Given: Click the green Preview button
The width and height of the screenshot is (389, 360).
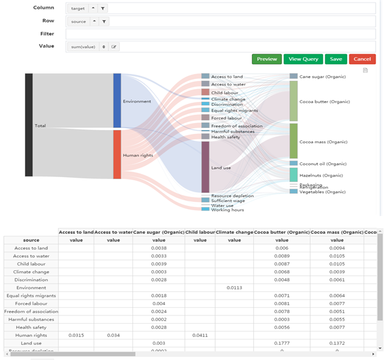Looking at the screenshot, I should (267, 59).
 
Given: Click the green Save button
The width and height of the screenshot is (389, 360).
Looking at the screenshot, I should (336, 59).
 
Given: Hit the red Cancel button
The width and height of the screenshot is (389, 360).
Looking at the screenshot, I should (362, 59).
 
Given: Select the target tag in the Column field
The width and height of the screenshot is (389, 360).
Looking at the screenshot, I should (78, 8).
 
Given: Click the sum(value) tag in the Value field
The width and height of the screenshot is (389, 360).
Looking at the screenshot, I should (83, 47).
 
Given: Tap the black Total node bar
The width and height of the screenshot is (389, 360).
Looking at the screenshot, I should (29, 125).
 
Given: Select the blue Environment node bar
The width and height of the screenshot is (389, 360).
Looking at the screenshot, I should (117, 101).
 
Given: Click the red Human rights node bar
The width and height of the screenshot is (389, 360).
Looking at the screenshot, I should (117, 154).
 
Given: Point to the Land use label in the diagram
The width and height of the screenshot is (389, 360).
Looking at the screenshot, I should (222, 168).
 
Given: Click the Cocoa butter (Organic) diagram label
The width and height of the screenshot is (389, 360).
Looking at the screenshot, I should (324, 102).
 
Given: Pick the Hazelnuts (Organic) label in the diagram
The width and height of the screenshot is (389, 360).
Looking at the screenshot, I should (321, 175).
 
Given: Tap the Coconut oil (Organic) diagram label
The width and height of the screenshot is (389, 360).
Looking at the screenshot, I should (323, 164).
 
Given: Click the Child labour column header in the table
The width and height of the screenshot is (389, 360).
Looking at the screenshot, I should (200, 232).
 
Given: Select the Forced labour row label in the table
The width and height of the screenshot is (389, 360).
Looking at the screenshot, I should (31, 304).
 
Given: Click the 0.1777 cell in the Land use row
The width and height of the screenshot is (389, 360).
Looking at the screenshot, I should (281, 343).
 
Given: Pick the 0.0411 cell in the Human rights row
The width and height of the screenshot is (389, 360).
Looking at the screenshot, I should (200, 335).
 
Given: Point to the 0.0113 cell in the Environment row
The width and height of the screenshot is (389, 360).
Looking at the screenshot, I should (234, 288).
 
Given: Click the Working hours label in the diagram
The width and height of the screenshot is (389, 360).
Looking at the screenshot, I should (227, 210).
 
